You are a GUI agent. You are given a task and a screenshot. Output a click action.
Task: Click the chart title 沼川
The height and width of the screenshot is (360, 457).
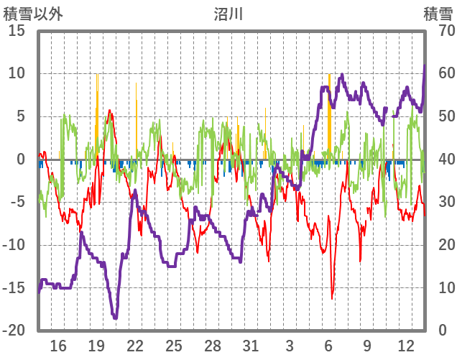click(x=228, y=14)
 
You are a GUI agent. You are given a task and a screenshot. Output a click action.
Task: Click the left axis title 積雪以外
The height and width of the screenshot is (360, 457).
click(x=33, y=14)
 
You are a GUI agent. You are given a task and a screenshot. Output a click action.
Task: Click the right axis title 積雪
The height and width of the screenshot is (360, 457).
click(x=438, y=14)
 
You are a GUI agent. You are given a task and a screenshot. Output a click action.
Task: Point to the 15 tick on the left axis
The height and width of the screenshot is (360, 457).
click(x=17, y=31)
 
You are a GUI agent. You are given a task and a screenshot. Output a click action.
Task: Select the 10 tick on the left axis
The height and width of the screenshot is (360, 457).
click(x=17, y=73)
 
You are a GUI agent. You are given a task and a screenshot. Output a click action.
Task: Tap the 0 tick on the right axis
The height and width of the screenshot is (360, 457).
click(x=443, y=331)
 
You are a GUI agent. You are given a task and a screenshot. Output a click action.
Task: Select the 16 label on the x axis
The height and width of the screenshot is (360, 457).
click(x=58, y=346)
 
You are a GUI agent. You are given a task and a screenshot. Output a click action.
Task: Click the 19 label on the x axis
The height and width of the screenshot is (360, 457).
click(x=96, y=346)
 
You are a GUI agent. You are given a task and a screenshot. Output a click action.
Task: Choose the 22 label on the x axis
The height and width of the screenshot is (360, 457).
click(x=135, y=346)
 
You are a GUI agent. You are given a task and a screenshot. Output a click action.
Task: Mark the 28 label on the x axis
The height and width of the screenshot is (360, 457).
click(x=212, y=346)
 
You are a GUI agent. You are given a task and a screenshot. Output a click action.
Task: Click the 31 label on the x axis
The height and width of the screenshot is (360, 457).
click(x=251, y=346)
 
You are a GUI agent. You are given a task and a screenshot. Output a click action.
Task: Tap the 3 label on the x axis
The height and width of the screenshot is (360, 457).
click(x=290, y=346)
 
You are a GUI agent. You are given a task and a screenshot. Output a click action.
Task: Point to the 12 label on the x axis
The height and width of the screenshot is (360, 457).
click(x=405, y=346)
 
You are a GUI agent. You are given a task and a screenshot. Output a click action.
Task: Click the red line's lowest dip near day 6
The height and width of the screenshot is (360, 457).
click(x=332, y=298)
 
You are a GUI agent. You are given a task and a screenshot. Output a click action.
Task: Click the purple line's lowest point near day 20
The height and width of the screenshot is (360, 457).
click(x=115, y=318)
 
